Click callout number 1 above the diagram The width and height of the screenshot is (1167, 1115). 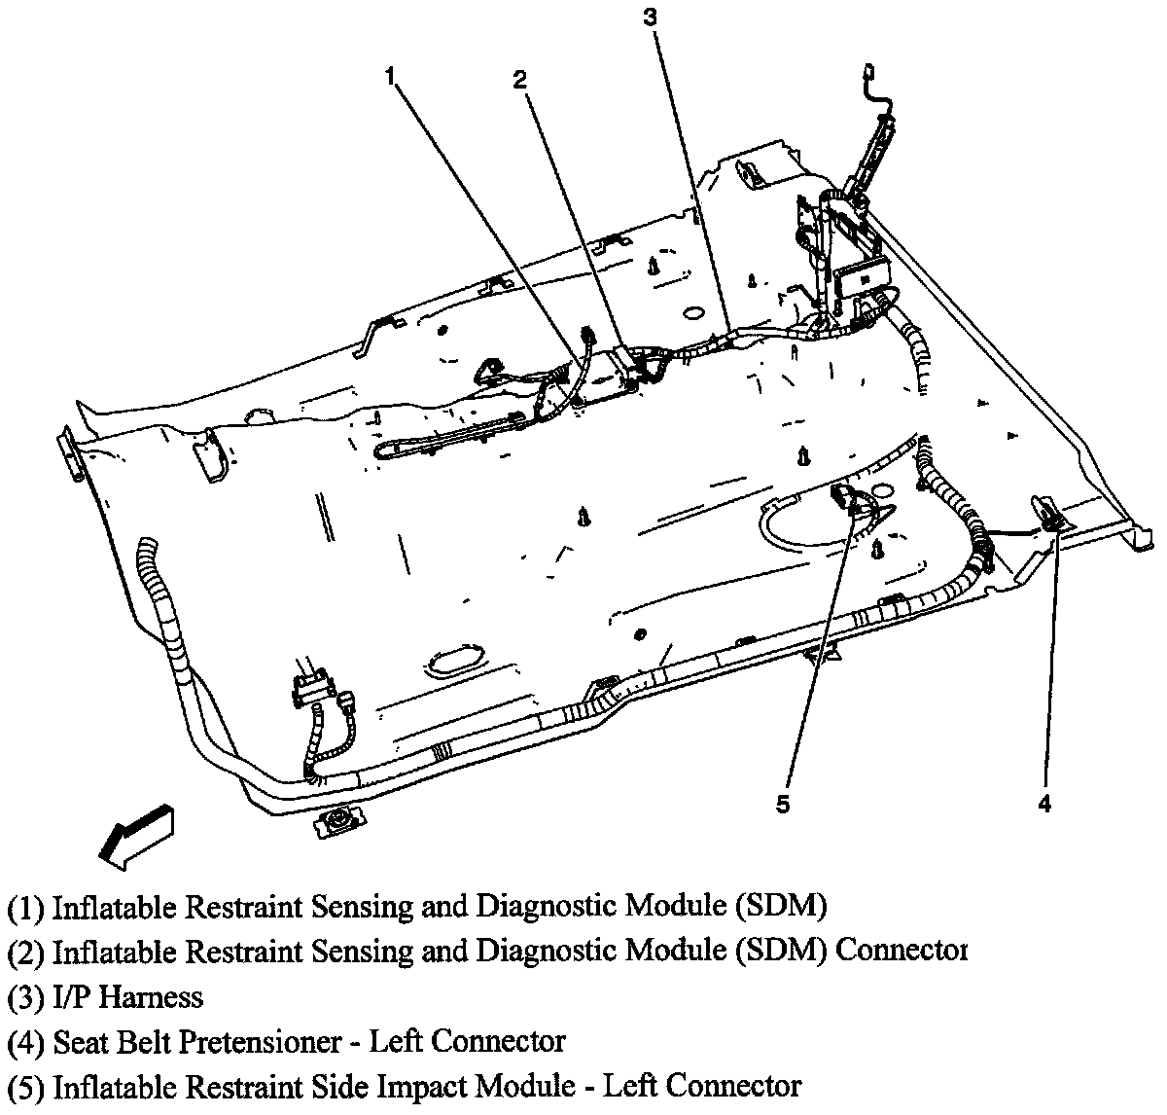[x=391, y=77]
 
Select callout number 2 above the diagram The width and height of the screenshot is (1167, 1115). [x=520, y=80]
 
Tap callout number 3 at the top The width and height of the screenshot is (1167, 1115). [x=651, y=17]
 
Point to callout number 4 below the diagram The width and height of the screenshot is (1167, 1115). [x=1044, y=804]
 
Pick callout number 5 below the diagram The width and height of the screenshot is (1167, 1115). [x=784, y=804]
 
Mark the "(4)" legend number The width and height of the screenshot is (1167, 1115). [x=26, y=1043]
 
